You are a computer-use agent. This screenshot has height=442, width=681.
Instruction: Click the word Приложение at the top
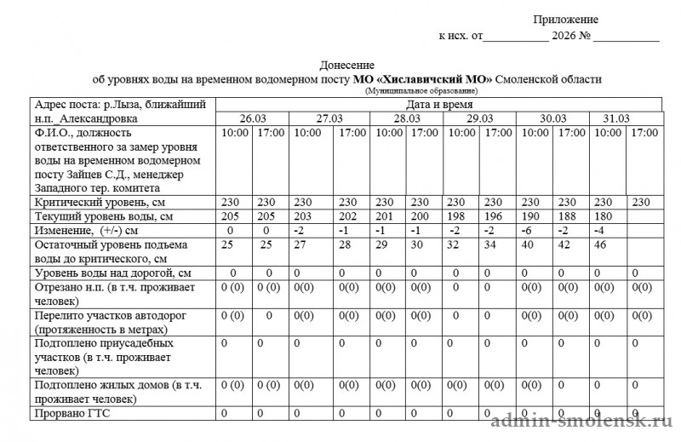click(x=567, y=20)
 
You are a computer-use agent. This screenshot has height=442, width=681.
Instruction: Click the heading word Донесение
click(x=346, y=66)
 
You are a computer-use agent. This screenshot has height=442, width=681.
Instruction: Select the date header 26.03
click(x=255, y=118)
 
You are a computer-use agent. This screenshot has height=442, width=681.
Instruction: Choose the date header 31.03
click(x=615, y=118)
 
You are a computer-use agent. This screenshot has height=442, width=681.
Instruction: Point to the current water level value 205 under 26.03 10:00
click(x=231, y=216)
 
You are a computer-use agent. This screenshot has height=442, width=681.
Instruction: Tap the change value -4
click(x=601, y=231)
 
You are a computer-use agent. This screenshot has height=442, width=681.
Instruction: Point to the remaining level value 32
click(x=456, y=244)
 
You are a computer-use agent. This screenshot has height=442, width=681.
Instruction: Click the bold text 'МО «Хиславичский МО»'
click(x=421, y=79)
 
